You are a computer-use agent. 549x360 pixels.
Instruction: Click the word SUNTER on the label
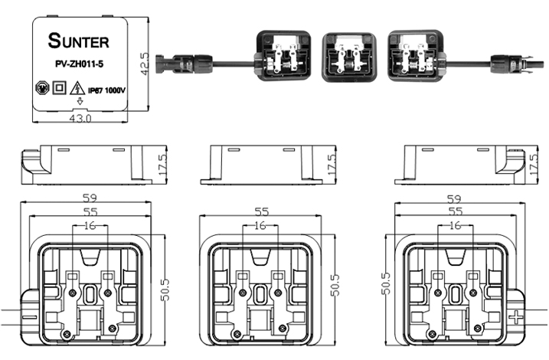point(79,39)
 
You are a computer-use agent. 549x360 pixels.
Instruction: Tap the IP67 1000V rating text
point(106,90)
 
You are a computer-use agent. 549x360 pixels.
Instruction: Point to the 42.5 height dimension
point(142,62)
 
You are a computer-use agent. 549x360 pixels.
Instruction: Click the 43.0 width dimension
point(80,119)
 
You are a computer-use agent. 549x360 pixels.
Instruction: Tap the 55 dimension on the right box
point(456,211)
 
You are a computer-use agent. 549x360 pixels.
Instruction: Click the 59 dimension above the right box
point(456,198)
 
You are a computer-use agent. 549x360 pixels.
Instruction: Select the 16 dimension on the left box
point(91,225)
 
